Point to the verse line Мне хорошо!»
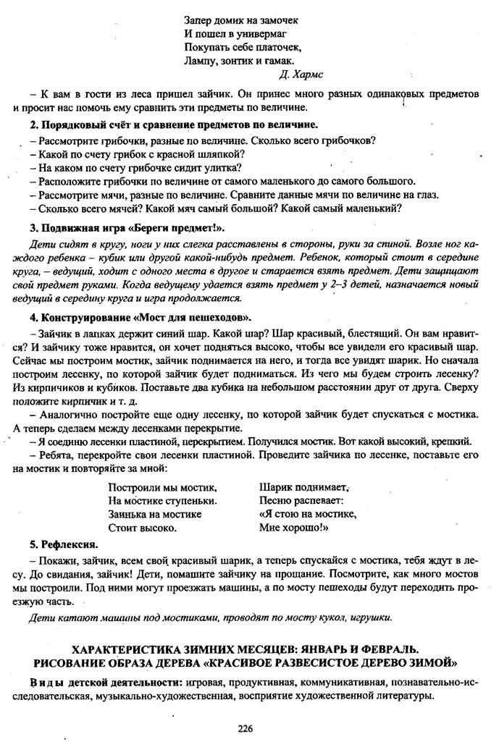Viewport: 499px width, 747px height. [x=294, y=528]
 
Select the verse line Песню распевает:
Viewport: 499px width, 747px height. [x=301, y=500]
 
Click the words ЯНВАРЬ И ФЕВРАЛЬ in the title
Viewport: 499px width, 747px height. [x=358, y=649]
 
